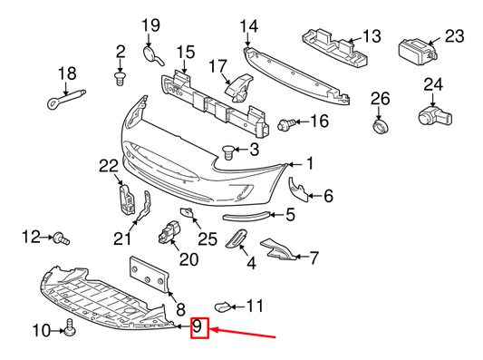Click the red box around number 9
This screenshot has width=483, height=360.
click(199, 327)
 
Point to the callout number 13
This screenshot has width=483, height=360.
click(372, 36)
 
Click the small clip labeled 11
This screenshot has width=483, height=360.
click(223, 306)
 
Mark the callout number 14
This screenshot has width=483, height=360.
click(247, 24)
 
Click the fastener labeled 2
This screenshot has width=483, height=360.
click(119, 80)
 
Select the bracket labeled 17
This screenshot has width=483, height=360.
click(239, 87)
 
